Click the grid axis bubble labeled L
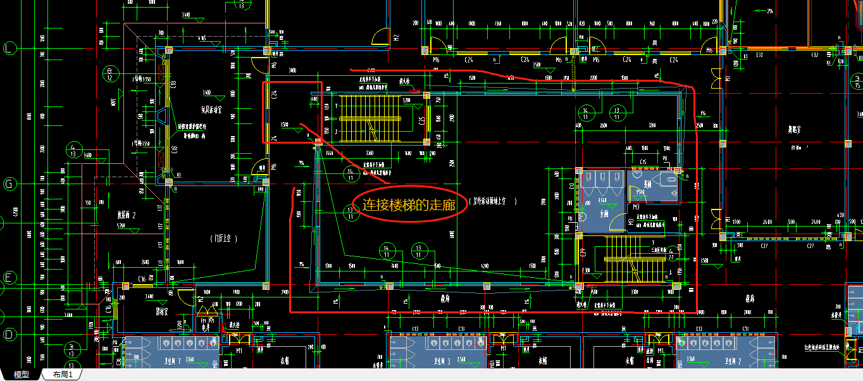tap(9, 49)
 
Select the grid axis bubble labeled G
tap(9, 184)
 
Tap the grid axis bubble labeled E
tap(9, 277)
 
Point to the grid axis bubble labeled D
tap(9, 334)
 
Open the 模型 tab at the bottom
tap(22, 375)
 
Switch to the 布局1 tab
tap(63, 375)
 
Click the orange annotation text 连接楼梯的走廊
tap(409, 205)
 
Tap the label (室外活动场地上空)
tap(494, 202)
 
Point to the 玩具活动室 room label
tap(212, 109)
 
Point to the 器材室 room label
tap(161, 312)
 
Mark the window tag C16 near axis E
tap(142, 279)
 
